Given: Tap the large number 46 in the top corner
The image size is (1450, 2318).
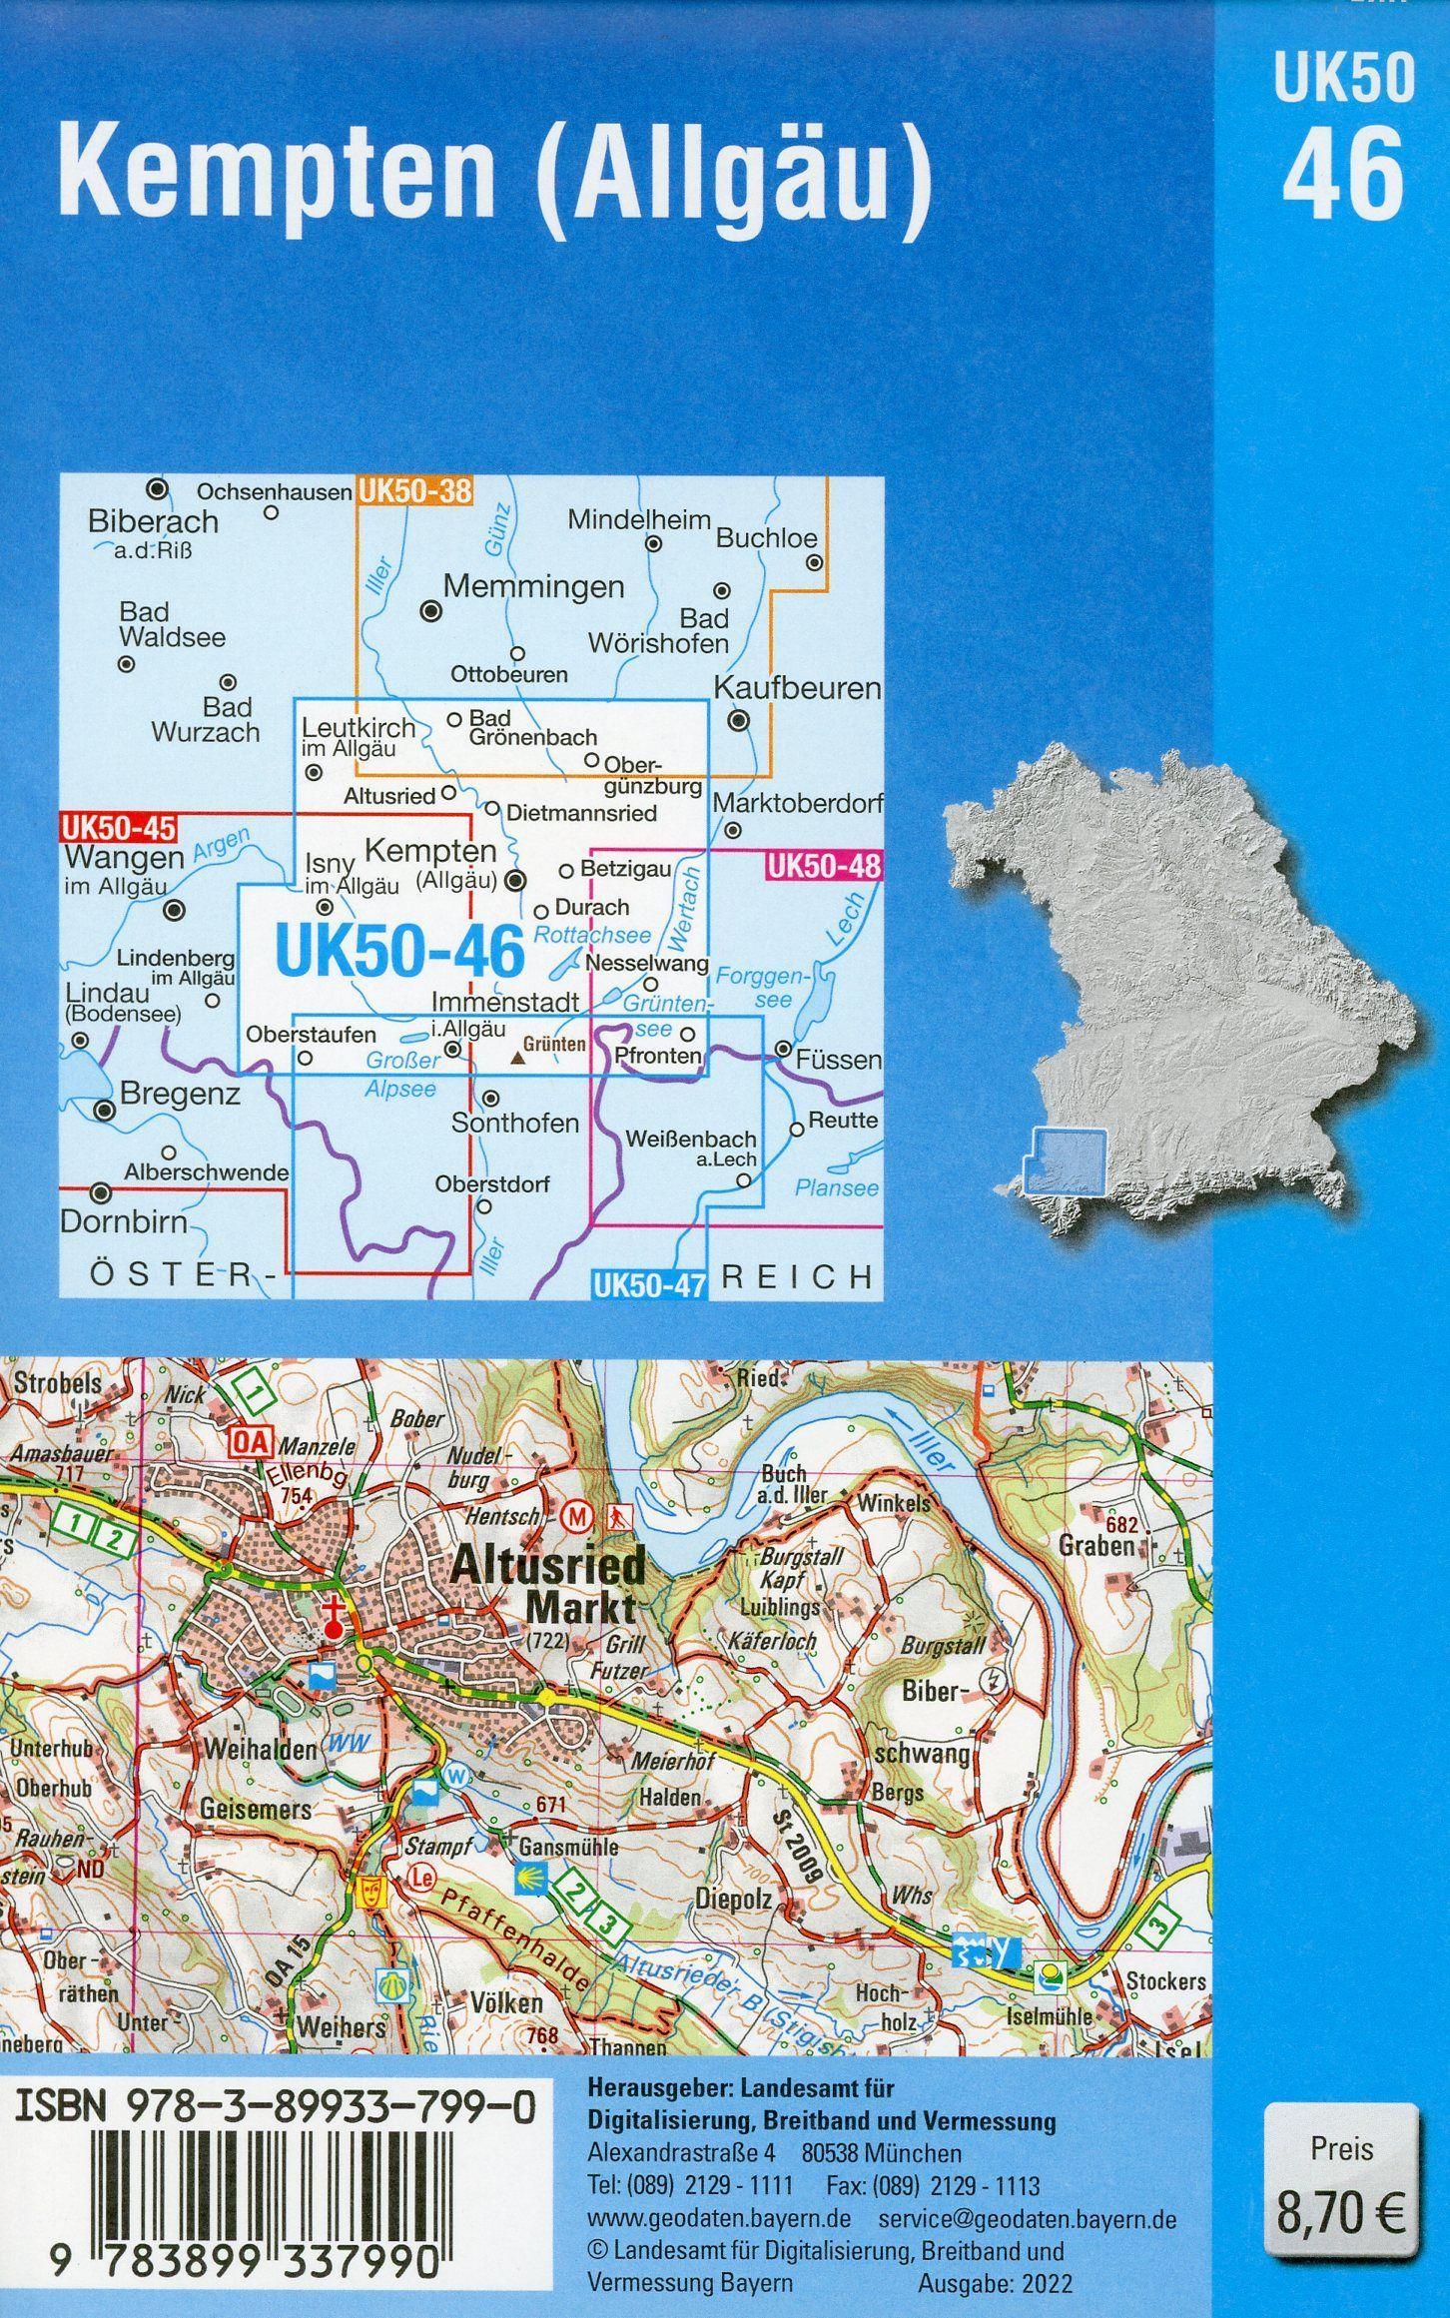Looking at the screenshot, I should pyautogui.click(x=1343, y=178).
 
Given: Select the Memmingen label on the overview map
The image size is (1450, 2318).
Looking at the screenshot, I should pyautogui.click(x=533, y=586).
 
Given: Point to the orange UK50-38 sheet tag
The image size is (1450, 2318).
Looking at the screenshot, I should pyautogui.click(x=416, y=490).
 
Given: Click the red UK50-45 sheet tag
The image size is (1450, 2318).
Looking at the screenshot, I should pyautogui.click(x=118, y=828).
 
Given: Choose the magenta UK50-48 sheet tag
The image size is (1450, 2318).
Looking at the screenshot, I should pyautogui.click(x=824, y=866).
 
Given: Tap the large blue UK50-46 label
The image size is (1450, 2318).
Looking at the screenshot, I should pyautogui.click(x=399, y=952).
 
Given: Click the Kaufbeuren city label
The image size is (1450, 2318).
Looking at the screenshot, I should pyautogui.click(x=797, y=688).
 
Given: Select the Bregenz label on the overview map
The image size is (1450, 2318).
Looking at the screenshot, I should pyautogui.click(x=180, y=1095).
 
